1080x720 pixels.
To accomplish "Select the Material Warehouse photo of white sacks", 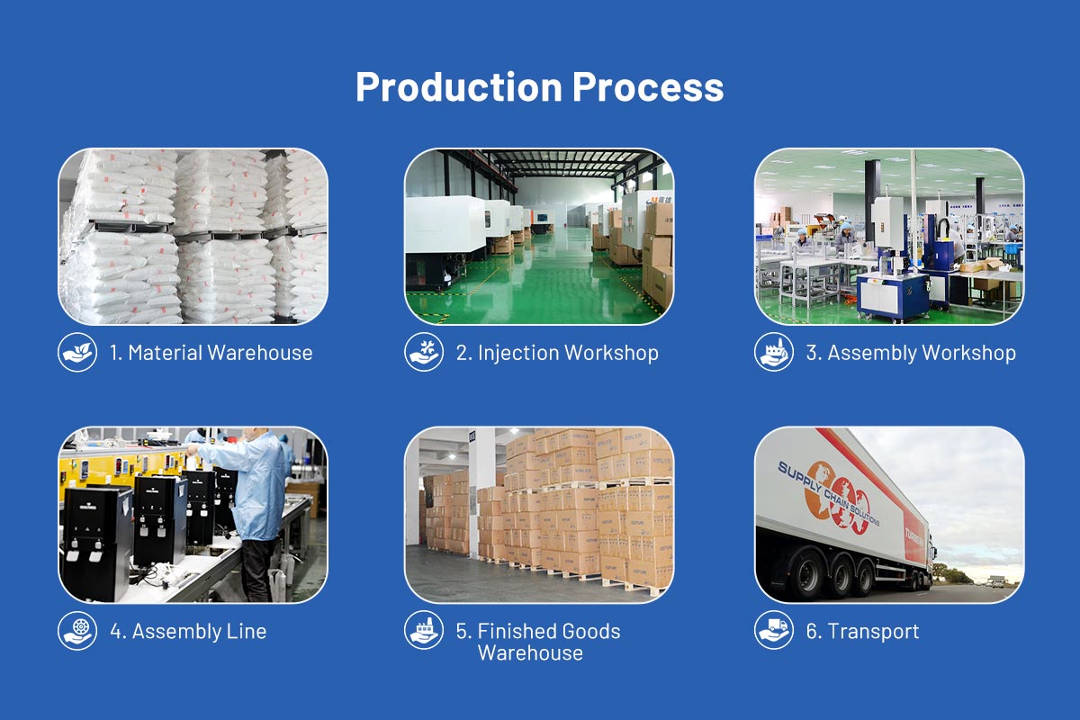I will click(x=193, y=236).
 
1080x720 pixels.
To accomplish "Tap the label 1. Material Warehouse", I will click(x=211, y=353).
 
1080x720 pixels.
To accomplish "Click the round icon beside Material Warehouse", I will click(x=77, y=352).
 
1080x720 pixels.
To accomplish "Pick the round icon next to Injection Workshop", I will click(x=424, y=352).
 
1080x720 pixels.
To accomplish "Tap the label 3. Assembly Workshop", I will click(x=910, y=353).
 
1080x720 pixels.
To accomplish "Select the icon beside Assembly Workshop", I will click(x=774, y=352).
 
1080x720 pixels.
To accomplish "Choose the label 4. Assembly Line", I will click(x=188, y=631).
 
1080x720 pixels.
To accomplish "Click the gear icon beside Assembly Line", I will click(x=77, y=630).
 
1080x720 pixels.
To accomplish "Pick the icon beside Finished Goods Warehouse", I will click(x=424, y=630).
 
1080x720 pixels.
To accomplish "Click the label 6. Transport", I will click(x=862, y=631).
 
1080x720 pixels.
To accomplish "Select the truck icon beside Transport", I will click(x=774, y=630).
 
